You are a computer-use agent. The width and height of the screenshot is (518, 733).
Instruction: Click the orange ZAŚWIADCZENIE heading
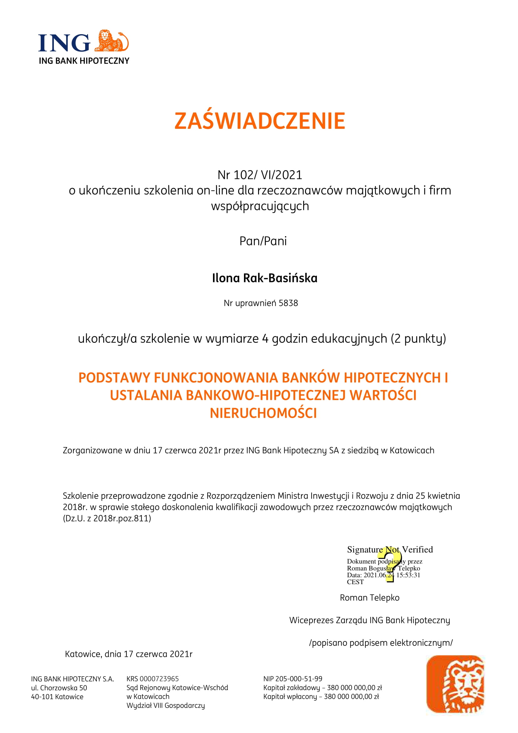pyautogui.click(x=260, y=121)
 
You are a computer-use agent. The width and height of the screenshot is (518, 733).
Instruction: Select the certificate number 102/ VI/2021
pyautogui.click(x=268, y=175)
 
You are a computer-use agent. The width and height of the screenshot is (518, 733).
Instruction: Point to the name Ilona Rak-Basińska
pyautogui.click(x=264, y=278)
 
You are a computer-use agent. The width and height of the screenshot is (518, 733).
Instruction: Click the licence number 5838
pyautogui.click(x=288, y=303)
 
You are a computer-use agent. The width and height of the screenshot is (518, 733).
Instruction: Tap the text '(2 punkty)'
pyautogui.click(x=418, y=338)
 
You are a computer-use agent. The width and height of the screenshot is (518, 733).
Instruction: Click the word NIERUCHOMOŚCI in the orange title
pyautogui.click(x=263, y=413)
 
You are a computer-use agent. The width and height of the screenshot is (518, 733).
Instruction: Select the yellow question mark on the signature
pyautogui.click(x=390, y=564)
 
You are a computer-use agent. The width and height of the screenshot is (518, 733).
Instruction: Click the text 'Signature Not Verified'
pyautogui.click(x=390, y=549)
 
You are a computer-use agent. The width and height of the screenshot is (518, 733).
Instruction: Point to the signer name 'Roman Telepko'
pyautogui.click(x=369, y=598)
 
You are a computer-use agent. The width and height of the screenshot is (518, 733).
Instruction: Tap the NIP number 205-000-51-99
pyautogui.click(x=298, y=679)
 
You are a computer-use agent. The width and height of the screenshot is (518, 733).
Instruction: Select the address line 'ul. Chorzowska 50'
pyautogui.click(x=59, y=688)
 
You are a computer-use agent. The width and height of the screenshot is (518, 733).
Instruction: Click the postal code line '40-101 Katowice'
pyautogui.click(x=57, y=697)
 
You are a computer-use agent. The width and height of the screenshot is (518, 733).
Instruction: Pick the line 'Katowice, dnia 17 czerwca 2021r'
pyautogui.click(x=128, y=654)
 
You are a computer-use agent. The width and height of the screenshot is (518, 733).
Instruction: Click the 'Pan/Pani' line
pyautogui.click(x=263, y=241)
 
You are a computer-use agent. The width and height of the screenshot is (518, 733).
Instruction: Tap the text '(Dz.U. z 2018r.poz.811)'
pyautogui.click(x=107, y=518)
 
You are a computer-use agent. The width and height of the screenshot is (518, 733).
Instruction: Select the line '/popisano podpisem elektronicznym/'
pyautogui.click(x=381, y=643)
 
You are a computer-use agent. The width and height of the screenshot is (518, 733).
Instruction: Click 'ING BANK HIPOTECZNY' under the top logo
pyautogui.click(x=84, y=61)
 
